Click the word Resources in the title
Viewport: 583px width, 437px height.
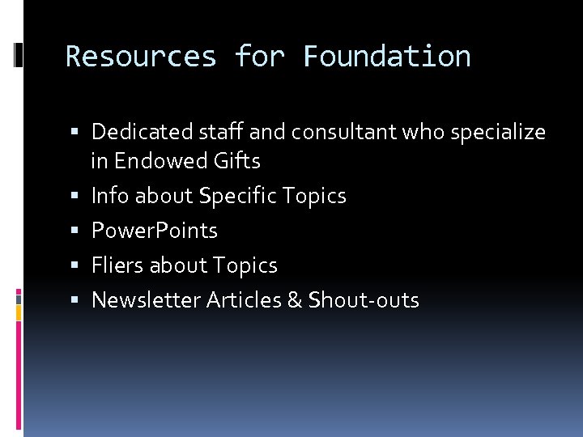coord(141,57)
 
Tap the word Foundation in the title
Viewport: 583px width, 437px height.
coord(386,57)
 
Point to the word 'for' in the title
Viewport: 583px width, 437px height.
coord(260,57)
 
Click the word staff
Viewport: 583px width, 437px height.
coord(216,131)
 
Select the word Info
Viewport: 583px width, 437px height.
coord(110,196)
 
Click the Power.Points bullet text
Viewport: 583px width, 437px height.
coord(155,231)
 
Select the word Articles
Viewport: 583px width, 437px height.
coord(243,300)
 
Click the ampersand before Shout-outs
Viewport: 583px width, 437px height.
coord(295,300)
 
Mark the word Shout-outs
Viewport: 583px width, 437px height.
coord(364,300)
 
